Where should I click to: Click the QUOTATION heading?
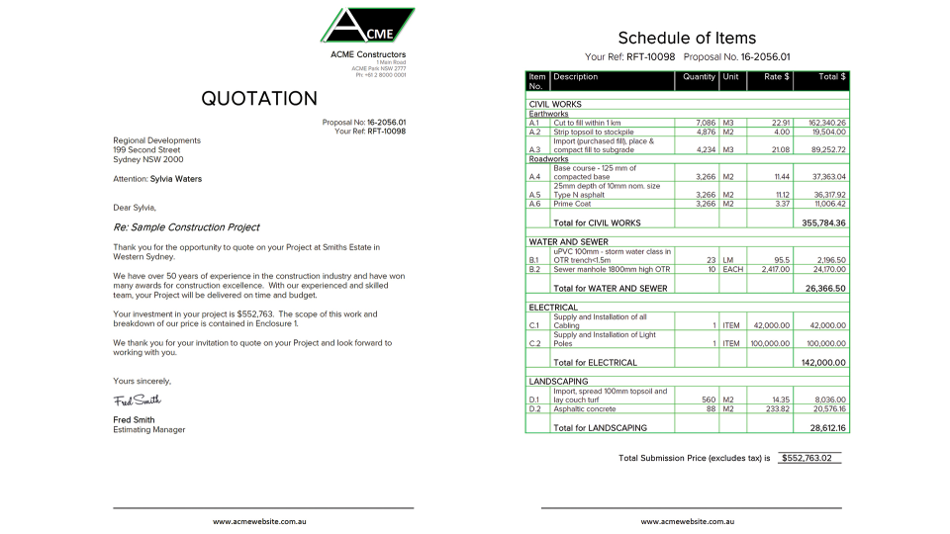[259, 98]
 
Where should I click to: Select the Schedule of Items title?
[687, 38]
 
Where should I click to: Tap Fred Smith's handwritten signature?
[137, 400]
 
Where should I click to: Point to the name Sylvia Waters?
[176, 179]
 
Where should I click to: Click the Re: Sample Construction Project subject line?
[186, 227]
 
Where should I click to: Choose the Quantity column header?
[699, 77]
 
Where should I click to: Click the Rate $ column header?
[776, 77]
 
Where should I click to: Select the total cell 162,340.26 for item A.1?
[822, 123]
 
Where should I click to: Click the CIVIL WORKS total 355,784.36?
[823, 223]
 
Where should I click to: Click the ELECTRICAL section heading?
[553, 308]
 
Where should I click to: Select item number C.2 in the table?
[534, 343]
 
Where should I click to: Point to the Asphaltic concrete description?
[585, 408]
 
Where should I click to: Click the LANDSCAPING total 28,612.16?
[827, 428]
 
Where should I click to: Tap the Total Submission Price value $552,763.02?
[807, 459]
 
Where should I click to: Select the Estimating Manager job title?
[148, 430]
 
